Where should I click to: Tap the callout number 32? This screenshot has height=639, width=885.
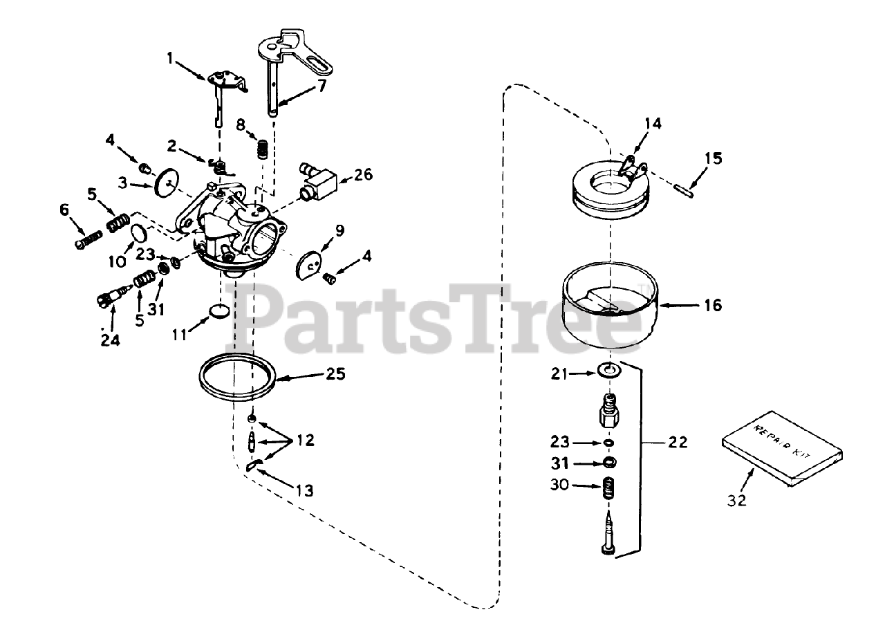pos(737,501)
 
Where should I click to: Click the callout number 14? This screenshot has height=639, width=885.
pos(653,124)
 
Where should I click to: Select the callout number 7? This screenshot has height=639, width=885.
pos(322,86)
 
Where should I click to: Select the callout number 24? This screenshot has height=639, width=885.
pos(109,340)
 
